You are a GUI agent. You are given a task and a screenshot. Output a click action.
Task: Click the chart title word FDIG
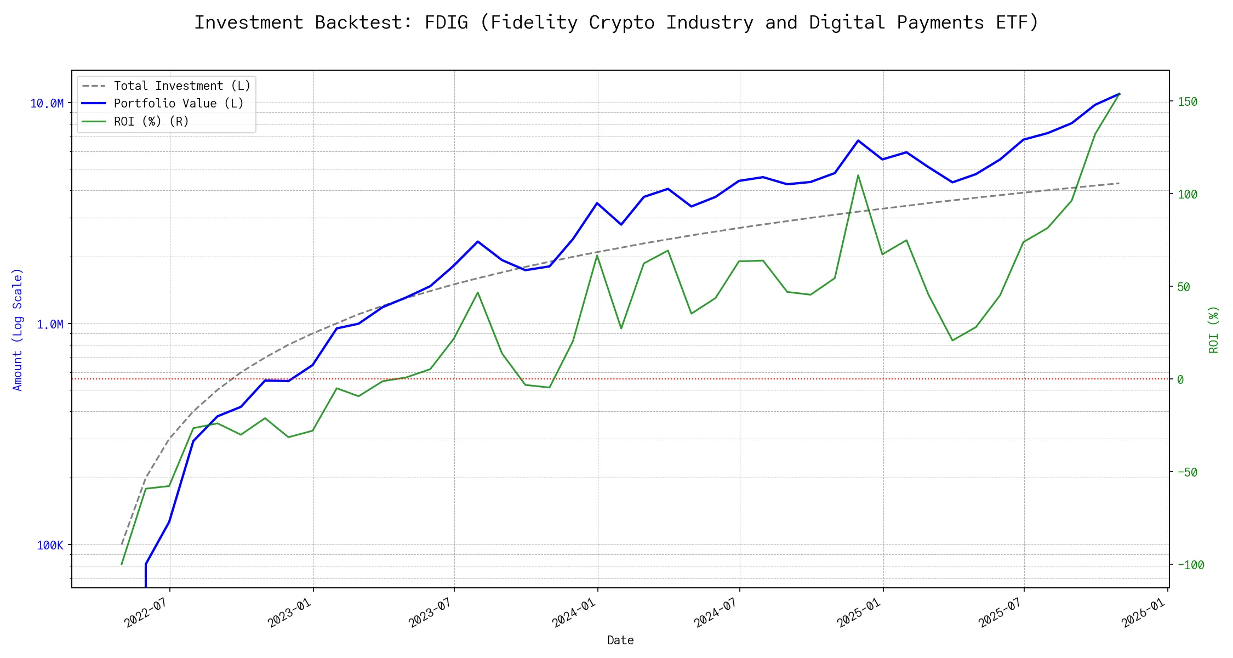(446, 22)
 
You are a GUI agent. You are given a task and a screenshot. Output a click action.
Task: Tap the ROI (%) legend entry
(151, 121)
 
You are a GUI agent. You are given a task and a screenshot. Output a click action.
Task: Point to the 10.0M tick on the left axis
(47, 103)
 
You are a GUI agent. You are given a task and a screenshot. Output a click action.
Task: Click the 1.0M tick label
(50, 324)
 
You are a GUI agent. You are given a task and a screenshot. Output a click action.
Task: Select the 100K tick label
(50, 545)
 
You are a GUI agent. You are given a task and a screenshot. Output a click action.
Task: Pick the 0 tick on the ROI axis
(1180, 379)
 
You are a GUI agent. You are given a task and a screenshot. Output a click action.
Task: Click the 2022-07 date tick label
(145, 612)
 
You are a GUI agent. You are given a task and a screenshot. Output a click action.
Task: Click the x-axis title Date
(620, 640)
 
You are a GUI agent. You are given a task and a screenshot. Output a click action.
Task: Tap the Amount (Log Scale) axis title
(18, 329)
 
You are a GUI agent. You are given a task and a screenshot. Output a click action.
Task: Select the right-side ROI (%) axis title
(1213, 329)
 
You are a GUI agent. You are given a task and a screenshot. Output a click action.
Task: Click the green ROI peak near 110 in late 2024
(858, 175)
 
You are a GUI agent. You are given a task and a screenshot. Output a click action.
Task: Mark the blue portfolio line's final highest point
(1119, 94)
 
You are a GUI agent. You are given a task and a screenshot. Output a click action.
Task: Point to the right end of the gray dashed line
(1119, 183)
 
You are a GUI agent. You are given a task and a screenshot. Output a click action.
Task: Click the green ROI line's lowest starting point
(122, 564)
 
